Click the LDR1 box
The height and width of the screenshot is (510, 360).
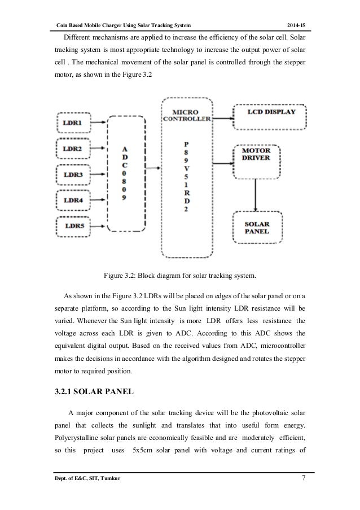[x=72, y=123]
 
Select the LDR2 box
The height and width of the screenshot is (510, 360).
[x=72, y=149]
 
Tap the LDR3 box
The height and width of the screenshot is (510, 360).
[x=72, y=175]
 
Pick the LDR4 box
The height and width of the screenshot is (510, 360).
[x=72, y=200]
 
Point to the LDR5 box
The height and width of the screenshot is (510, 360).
[x=72, y=227]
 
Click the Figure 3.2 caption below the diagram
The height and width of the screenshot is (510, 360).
[x=180, y=276]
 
